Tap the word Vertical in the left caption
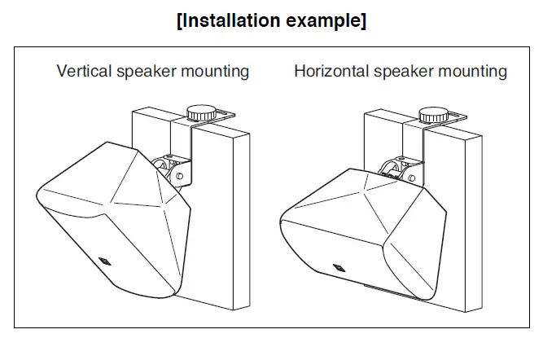click(x=84, y=71)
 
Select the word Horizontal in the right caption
click(x=330, y=71)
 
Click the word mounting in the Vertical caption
click(x=213, y=71)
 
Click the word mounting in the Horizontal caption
click(x=472, y=71)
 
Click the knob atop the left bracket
click(x=199, y=112)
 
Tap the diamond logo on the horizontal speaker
click(x=338, y=266)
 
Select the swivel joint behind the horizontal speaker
click(x=396, y=169)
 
